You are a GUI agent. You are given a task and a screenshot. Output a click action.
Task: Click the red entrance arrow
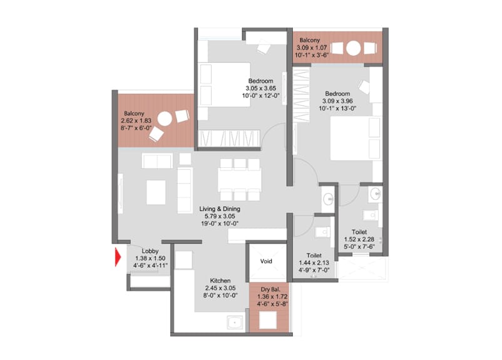[118, 257]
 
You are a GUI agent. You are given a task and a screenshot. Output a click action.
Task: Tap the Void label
[266, 261]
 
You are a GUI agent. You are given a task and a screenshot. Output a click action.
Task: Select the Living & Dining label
[220, 209]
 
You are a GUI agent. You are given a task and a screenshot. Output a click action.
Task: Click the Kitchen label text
[220, 280]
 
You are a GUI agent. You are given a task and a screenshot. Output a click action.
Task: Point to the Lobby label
[150, 251]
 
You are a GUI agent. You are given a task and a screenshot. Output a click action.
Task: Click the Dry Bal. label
[270, 289]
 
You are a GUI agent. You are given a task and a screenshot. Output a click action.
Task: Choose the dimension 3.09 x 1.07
[312, 48]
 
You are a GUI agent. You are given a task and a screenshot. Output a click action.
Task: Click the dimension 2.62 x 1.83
[136, 121]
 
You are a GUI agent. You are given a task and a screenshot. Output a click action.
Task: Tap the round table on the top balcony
[354, 48]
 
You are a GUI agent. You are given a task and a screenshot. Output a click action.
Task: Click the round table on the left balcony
[165, 118]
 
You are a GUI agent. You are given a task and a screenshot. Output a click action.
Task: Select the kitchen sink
[235, 322]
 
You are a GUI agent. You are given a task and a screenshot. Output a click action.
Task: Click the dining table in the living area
[240, 180]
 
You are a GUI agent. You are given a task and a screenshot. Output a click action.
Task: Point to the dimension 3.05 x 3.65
[261, 88]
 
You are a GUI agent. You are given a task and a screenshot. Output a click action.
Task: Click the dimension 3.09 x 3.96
[337, 101]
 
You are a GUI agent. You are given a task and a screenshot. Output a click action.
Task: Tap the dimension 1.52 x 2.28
[359, 239]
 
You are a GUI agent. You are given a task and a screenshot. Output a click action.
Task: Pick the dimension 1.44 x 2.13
[314, 262]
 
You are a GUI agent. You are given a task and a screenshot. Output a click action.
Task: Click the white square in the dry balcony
[268, 320]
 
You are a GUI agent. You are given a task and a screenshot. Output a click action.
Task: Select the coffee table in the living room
[156, 192]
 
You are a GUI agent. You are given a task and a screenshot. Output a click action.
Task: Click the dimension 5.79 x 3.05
[220, 216]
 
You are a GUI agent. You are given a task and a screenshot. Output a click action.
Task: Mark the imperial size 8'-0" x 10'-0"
[220, 296]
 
